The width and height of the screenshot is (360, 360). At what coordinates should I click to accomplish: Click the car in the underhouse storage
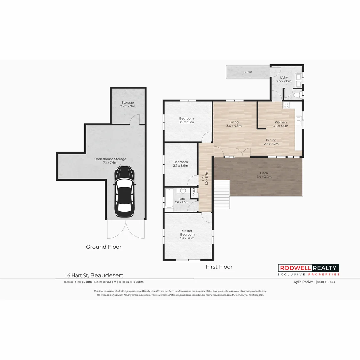pyautogui.click(x=124, y=192)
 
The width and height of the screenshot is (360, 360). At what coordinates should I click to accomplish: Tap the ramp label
pyautogui.click(x=247, y=72)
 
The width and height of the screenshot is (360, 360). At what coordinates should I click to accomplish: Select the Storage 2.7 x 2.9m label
pyautogui.click(x=127, y=105)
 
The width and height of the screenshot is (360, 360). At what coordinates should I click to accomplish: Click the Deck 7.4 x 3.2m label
pyautogui.click(x=264, y=175)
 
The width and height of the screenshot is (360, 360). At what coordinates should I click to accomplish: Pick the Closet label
pyautogui.click(x=194, y=193)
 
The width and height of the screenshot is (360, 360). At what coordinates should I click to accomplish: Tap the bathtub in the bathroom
pyautogui.click(x=169, y=199)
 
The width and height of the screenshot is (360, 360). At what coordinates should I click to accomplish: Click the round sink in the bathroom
pyautogui.click(x=183, y=191)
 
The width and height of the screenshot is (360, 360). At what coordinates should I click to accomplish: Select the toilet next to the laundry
pyautogui.click(x=297, y=95)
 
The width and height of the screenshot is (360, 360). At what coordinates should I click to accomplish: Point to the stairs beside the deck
pyautogui.click(x=221, y=195)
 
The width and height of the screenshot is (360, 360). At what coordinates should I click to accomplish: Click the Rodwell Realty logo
pyautogui.click(x=308, y=270)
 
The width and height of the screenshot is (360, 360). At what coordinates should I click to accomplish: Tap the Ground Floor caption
pyautogui.click(x=104, y=247)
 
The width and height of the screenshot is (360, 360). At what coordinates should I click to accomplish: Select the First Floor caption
pyautogui.click(x=219, y=267)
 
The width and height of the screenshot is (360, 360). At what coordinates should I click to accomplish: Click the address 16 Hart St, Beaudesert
pyautogui.click(x=94, y=275)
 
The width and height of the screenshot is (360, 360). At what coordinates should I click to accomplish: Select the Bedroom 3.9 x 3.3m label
pyautogui.click(x=186, y=120)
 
